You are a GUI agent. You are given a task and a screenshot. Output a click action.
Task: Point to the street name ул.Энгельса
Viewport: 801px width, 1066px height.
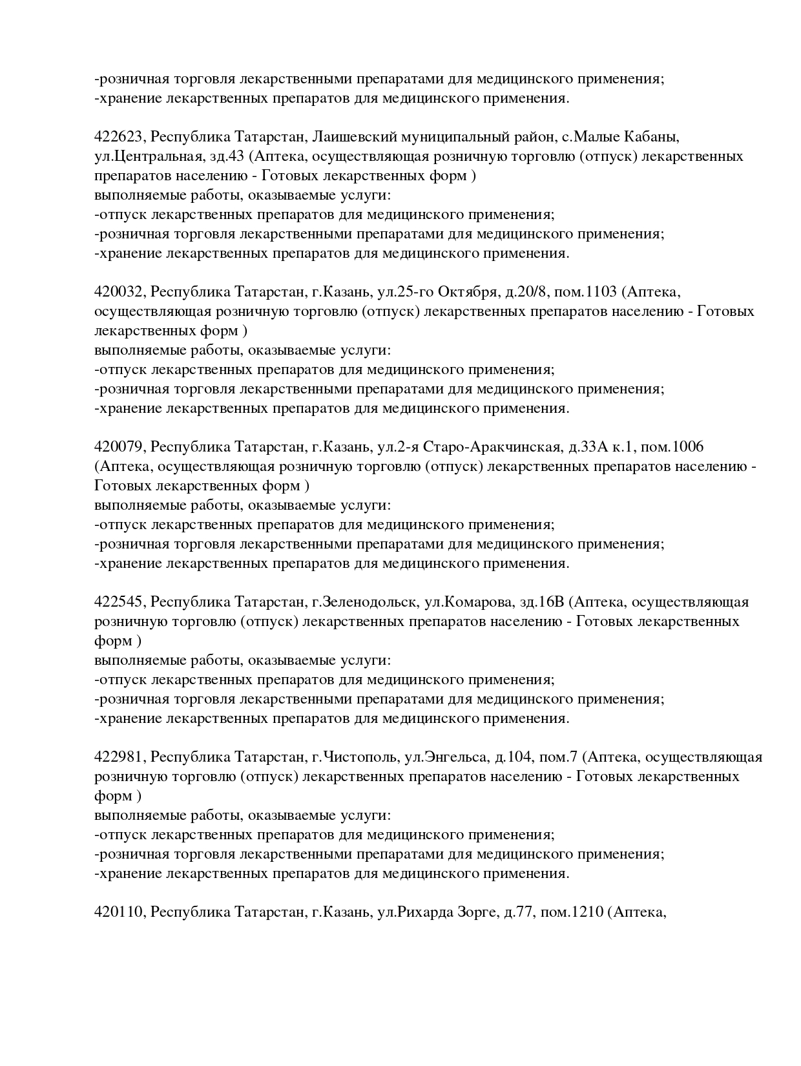(x=445, y=757)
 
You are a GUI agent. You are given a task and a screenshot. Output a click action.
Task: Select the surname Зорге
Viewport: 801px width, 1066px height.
(x=474, y=912)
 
